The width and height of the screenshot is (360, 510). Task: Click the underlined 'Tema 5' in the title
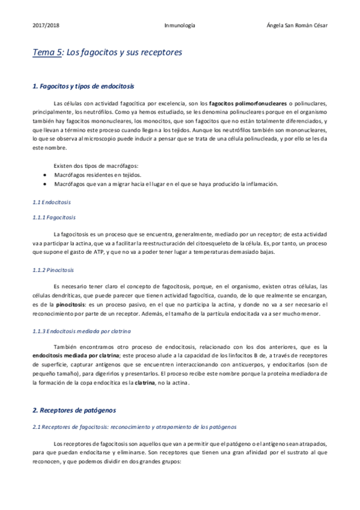pos(46,53)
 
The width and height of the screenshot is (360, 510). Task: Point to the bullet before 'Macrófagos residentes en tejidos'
pos(46,174)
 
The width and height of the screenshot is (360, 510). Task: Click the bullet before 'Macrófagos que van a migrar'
pos(46,183)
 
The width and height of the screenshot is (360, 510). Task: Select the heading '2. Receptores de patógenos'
pos(74,410)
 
